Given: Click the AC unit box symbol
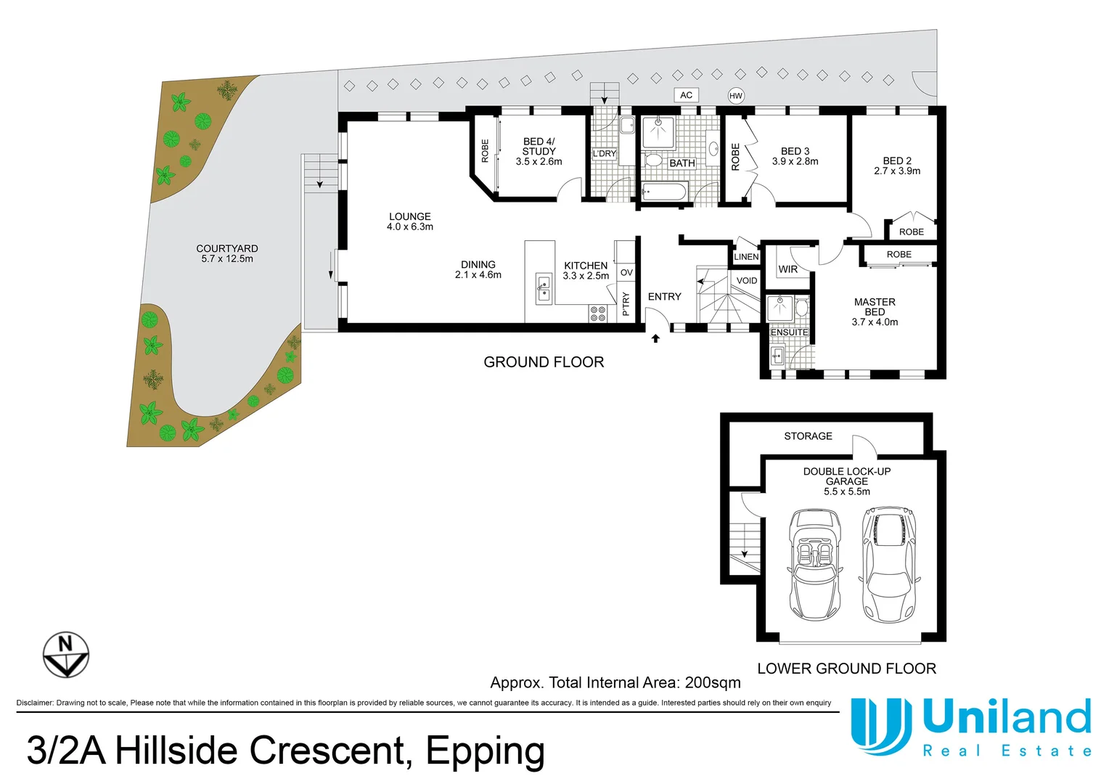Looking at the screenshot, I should tap(686, 95).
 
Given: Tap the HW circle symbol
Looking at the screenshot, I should tap(736, 96).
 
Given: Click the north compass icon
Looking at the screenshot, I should tap(66, 654).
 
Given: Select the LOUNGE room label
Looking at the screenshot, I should tap(409, 216).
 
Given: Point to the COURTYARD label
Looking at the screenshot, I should tap(226, 248).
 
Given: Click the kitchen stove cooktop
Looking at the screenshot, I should tap(598, 314).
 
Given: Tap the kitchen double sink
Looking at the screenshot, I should tap(544, 288).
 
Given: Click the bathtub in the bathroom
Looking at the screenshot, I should tap(663, 192).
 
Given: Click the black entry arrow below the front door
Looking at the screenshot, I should tap(655, 338).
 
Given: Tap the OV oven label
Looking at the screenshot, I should tap(626, 273).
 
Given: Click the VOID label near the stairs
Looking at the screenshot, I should tap(747, 281).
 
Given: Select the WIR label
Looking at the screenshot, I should tap(787, 269).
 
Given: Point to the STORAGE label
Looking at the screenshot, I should tap(808, 436).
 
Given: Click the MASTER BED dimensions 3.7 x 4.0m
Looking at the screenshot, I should tap(875, 322).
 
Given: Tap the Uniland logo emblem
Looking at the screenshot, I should tap(880, 725).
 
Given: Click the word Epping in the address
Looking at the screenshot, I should tap(485, 751).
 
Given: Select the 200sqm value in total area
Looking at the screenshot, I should tap(713, 682).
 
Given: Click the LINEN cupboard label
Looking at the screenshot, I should tap(746, 257).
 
